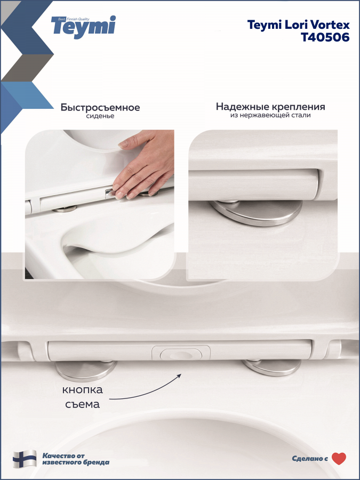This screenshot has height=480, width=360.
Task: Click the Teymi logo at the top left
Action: [84, 27]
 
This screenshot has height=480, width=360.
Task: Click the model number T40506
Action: [325, 37]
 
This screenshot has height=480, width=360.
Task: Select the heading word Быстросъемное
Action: [100, 107]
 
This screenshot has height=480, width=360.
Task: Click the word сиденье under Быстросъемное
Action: [100, 116]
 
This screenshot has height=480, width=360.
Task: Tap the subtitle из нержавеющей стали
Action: [270, 115]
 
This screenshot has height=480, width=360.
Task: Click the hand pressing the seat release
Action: [144, 165]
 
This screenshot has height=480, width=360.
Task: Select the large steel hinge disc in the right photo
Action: [256, 212]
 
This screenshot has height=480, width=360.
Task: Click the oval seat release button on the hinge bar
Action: [181, 355]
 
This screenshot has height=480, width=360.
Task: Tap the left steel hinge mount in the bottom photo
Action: [85, 371]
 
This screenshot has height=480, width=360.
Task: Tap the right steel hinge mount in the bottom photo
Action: [272, 367]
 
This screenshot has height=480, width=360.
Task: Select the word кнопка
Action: [82, 390]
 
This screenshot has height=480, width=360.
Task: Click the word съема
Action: [82, 404]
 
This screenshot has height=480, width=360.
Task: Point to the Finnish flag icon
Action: [25, 459]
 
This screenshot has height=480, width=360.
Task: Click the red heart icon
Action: [339, 459]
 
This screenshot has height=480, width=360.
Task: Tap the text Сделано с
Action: [310, 459]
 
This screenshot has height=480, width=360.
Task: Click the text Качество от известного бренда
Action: [76, 459]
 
